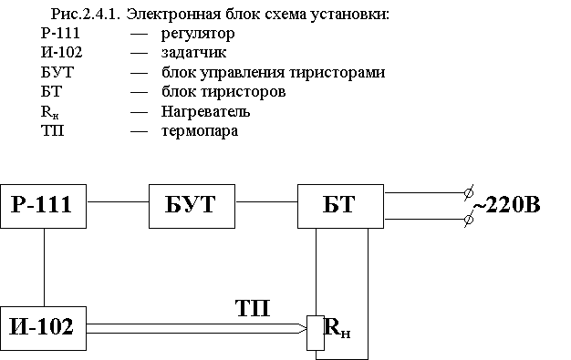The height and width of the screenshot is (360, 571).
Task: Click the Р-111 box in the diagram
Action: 44,206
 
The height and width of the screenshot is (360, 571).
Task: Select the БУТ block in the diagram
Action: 192,206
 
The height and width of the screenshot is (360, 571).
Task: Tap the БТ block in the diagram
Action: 340,206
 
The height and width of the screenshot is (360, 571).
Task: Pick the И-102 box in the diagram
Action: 44,329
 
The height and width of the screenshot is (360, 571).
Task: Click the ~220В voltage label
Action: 507,204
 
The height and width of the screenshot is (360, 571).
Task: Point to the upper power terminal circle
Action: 469,192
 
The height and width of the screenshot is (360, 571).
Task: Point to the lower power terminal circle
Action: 469,220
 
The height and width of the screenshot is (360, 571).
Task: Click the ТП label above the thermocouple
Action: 253,308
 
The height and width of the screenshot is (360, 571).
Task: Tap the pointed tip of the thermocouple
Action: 306,329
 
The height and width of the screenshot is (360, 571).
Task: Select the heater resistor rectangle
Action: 316,333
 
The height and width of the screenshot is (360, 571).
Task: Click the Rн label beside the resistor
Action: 337,328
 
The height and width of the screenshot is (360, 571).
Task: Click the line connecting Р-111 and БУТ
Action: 118,201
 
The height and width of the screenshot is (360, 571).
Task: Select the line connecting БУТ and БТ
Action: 266,201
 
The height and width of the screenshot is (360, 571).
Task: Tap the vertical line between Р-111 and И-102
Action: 45,268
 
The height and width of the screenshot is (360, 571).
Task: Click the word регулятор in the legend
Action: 198,35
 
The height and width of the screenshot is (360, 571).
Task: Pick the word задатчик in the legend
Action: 193,53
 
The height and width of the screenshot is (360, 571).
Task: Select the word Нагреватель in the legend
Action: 206,111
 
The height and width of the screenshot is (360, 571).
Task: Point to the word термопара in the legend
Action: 200,131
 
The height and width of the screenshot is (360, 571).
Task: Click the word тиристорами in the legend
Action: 337,72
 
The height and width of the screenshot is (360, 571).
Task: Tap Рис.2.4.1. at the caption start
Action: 86,15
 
